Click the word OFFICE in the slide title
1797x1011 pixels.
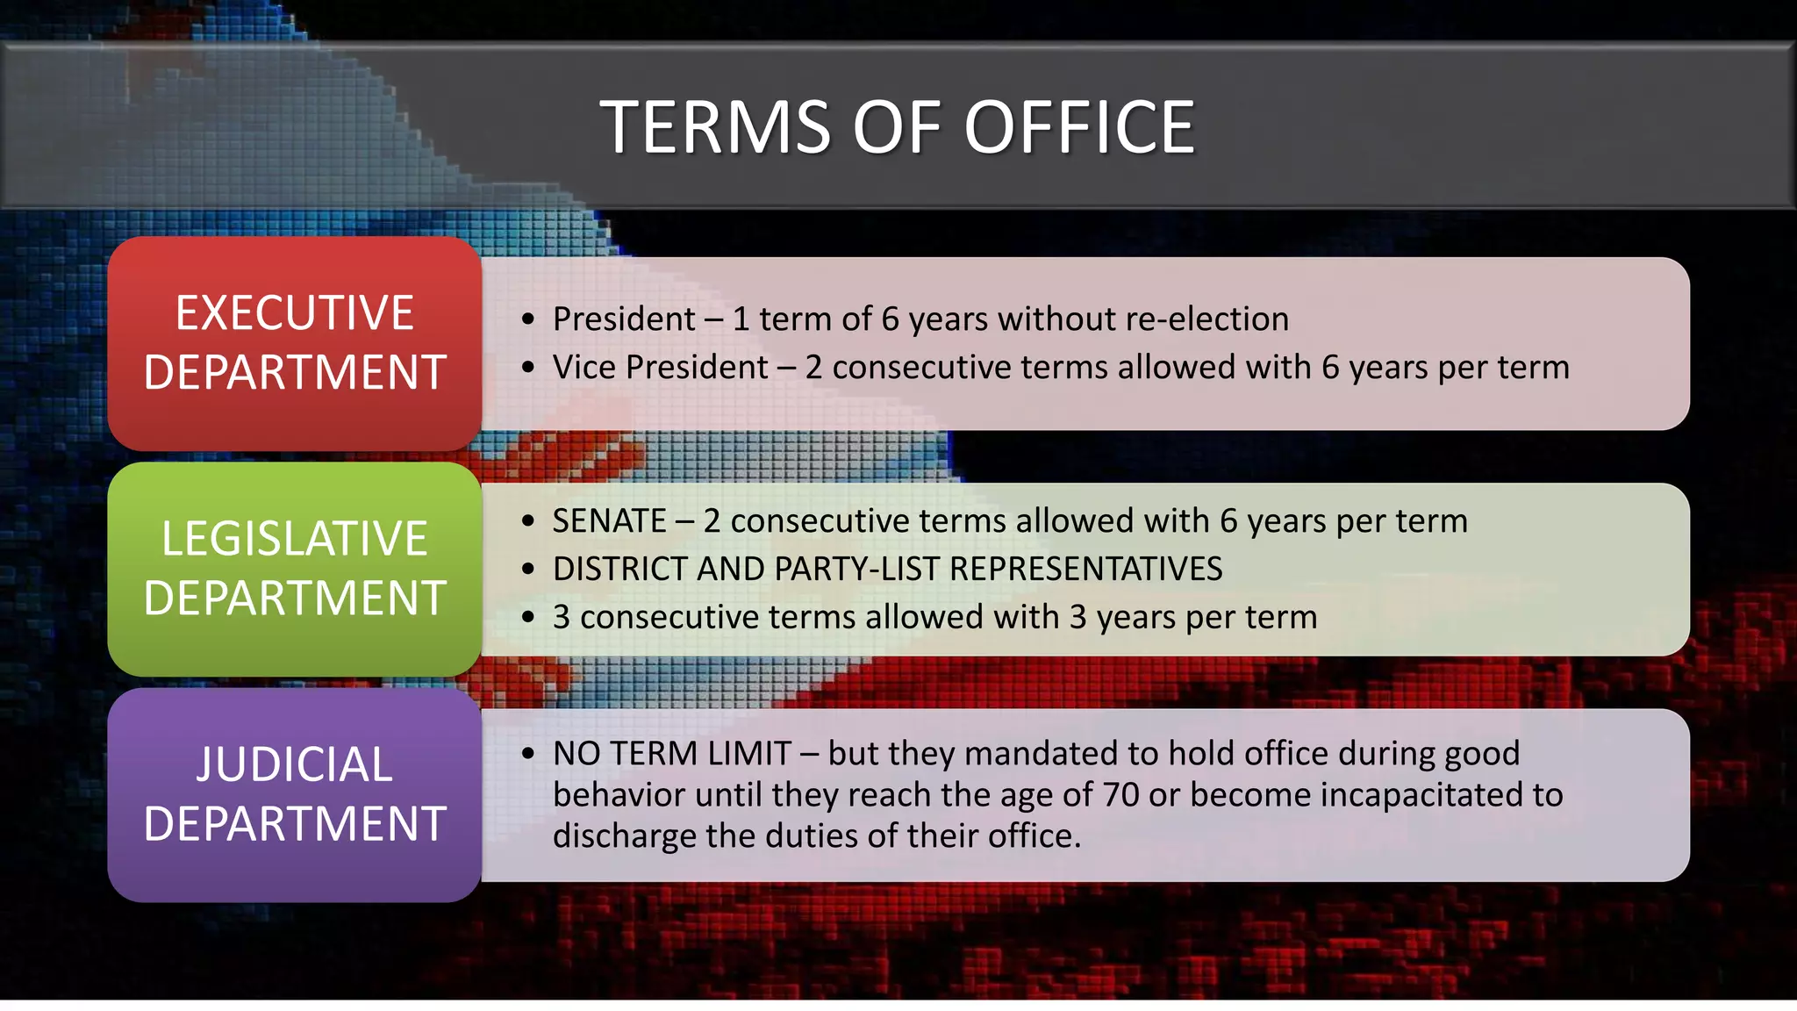coord(1079,128)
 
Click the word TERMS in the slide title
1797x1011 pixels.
coord(715,128)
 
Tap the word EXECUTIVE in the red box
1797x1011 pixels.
coord(295,313)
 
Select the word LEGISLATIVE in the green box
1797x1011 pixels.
coord(295,539)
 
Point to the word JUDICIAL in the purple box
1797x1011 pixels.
coord(295,764)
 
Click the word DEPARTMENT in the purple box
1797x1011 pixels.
coord(295,824)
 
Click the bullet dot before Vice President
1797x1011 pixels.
coord(527,368)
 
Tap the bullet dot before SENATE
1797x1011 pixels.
coord(527,521)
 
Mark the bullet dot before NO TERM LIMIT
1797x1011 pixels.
coord(527,754)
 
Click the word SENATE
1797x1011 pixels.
coord(609,521)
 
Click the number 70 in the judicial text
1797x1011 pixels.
coord(1120,795)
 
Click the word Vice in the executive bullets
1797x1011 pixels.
coord(584,368)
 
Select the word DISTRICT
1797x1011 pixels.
coord(620,570)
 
